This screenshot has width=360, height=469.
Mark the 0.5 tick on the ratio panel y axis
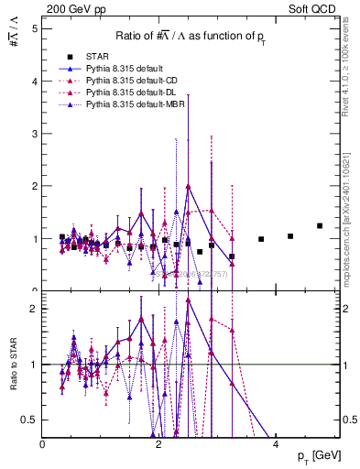(31, 420)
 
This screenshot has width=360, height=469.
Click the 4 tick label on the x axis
(277, 445)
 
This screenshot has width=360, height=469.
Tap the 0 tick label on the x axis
(43, 445)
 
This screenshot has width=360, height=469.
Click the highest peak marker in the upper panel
(188, 186)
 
